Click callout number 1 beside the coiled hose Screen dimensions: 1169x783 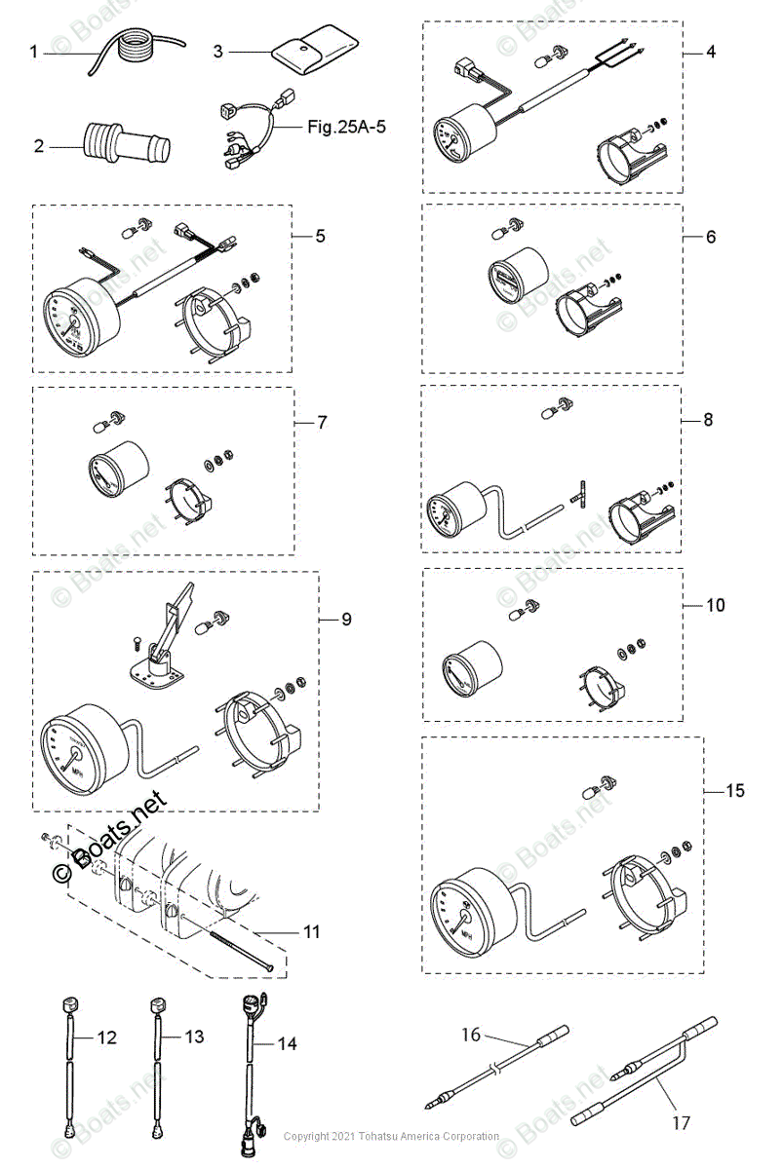pyautogui.click(x=33, y=52)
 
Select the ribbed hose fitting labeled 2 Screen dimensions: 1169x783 pyautogui.click(x=127, y=145)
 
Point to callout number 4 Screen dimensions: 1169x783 pyautogui.click(x=711, y=51)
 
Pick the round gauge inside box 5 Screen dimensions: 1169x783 pyautogui.click(x=78, y=312)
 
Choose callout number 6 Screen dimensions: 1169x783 pyautogui.click(x=711, y=237)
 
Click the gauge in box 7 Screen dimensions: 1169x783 pyautogui.click(x=118, y=467)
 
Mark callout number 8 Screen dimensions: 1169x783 pyautogui.click(x=708, y=420)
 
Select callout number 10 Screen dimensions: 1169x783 pyautogui.click(x=715, y=605)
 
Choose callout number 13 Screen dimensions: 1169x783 pyautogui.click(x=194, y=1037)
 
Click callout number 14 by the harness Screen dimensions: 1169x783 pyautogui.click(x=286, y=1043)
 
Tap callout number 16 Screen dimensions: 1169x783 pyautogui.click(x=471, y=1035)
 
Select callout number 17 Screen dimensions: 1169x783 pyautogui.click(x=681, y=1123)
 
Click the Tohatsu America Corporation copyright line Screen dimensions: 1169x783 pyautogui.click(x=391, y=1136)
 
